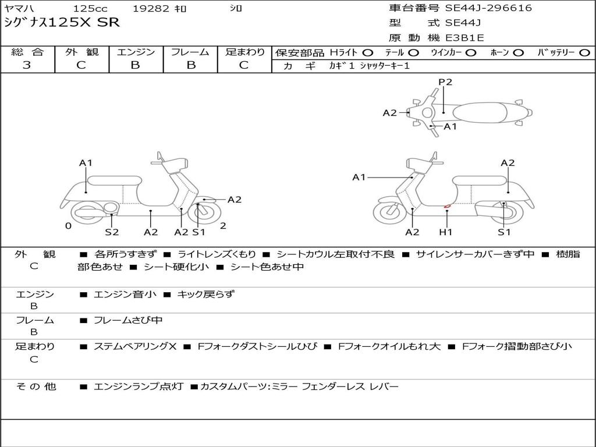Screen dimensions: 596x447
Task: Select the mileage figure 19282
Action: point(151,9)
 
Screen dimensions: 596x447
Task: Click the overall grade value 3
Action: point(27,65)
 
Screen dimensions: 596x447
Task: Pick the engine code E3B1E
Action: point(464,38)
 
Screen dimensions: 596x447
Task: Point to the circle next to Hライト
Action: point(368,52)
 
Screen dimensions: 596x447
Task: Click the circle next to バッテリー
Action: point(585,52)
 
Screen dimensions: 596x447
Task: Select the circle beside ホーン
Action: point(519,52)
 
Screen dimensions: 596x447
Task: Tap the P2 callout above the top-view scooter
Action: point(445,82)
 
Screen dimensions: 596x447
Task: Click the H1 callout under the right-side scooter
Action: point(446,232)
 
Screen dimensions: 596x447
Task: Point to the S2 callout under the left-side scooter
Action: point(112,232)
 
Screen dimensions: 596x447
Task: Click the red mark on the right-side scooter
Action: point(447,205)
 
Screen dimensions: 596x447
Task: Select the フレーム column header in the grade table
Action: point(190,52)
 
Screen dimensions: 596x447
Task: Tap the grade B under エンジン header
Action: point(136,65)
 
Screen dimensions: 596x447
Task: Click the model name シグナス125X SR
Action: point(62,23)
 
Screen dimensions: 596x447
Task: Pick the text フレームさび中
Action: point(128,320)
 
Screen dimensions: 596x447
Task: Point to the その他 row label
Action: point(36,386)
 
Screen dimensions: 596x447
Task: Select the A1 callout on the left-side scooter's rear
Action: point(86,163)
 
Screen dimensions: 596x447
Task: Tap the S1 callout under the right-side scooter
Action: point(504,232)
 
